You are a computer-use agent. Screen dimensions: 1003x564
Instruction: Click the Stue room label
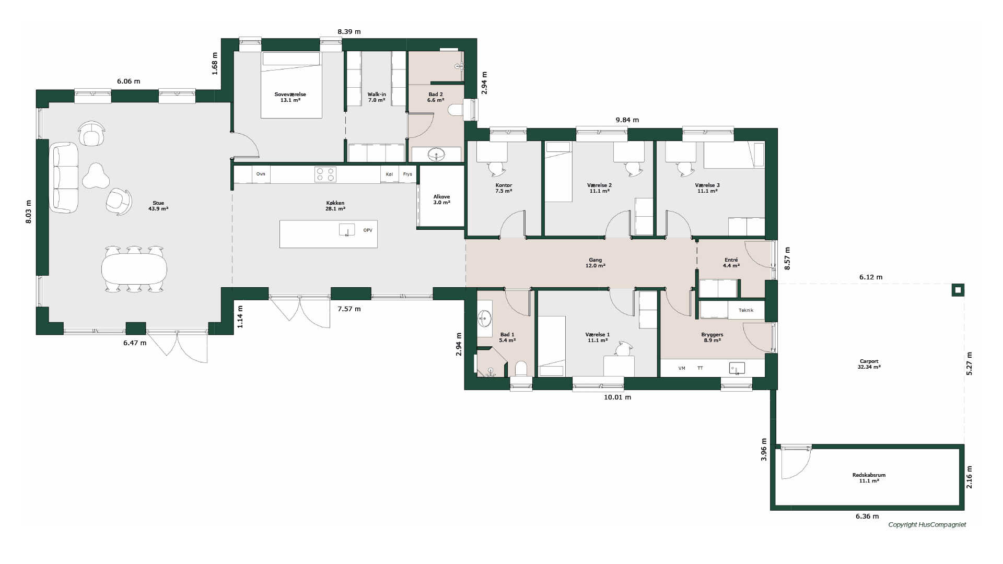pyautogui.click(x=158, y=206)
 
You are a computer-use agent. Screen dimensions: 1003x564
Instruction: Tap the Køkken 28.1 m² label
pyautogui.click(x=335, y=206)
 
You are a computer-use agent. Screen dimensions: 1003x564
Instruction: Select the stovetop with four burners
pyautogui.click(x=325, y=174)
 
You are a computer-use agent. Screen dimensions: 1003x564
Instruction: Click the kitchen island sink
pyautogui.click(x=347, y=230)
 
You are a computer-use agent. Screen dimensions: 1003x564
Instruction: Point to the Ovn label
pyautogui.click(x=261, y=174)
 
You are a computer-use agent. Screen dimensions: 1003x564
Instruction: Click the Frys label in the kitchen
pyautogui.click(x=407, y=174)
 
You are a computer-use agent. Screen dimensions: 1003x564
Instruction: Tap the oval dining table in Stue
pyautogui.click(x=134, y=269)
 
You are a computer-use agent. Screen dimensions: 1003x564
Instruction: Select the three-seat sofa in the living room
pyautogui.click(x=64, y=178)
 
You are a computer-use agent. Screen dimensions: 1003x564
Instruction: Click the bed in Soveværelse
pyautogui.click(x=291, y=85)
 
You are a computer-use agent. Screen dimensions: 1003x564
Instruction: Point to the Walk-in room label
pyautogui.click(x=377, y=97)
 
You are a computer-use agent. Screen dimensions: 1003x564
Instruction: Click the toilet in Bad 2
pyautogui.click(x=456, y=110)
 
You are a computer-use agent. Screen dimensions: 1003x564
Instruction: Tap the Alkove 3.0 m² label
pyautogui.click(x=441, y=199)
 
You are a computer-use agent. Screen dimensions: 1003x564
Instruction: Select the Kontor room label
pyautogui.click(x=504, y=188)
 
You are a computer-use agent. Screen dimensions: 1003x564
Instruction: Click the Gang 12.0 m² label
pyautogui.click(x=596, y=263)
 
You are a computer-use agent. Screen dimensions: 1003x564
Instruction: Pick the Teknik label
pyautogui.click(x=746, y=310)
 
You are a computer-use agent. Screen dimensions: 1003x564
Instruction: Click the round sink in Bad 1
pyautogui.click(x=484, y=318)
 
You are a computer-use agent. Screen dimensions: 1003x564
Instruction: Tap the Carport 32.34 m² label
pyautogui.click(x=869, y=364)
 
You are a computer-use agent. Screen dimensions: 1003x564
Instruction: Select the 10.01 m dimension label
pyautogui.click(x=617, y=397)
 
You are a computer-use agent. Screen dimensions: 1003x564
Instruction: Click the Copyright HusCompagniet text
pyautogui.click(x=927, y=525)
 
